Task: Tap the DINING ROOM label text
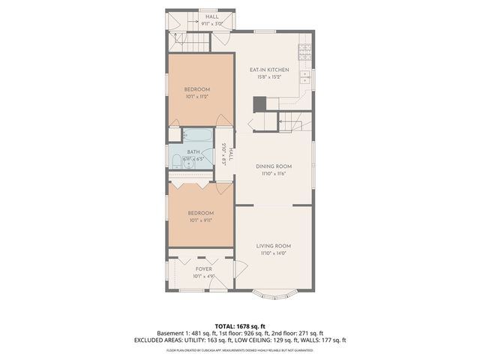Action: pos(274,166)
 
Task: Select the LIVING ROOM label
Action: pos(274,245)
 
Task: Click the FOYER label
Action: pos(203,268)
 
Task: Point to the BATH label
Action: pos(193,151)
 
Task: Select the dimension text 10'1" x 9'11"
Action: pos(200,220)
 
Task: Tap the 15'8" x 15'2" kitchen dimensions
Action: pos(269,77)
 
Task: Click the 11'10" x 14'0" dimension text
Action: pos(274,253)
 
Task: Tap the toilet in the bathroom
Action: pos(175,160)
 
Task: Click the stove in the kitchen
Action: pos(304,53)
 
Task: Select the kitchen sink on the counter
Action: pos(306,76)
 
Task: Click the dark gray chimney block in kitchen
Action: pos(260,104)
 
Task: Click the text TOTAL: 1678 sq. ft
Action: pos(239,326)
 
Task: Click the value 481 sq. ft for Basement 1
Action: pos(204,333)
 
